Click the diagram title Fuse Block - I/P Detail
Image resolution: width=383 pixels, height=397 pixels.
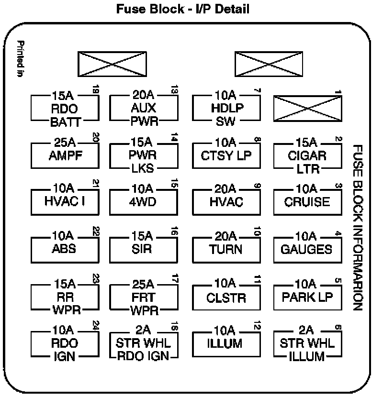(183, 9)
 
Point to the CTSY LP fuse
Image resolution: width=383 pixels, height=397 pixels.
(226, 156)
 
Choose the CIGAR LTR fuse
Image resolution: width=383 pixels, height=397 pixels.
(307, 156)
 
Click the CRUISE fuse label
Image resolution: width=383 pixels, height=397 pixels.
(307, 201)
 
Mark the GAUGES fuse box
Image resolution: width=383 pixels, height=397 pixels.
(307, 249)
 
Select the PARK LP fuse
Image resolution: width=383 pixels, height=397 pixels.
(307, 297)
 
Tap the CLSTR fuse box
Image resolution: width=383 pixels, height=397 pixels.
(226, 298)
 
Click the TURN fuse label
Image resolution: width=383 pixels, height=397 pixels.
(226, 249)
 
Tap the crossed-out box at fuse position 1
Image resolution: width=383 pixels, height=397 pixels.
(307, 108)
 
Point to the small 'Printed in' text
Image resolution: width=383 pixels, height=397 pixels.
(20, 58)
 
